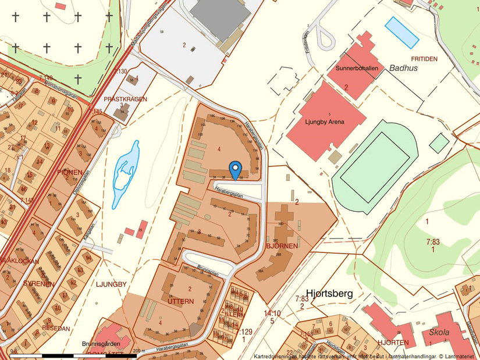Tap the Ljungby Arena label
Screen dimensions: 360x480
point(325,122)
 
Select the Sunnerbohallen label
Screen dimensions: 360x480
point(357,68)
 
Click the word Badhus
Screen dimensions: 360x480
point(404,67)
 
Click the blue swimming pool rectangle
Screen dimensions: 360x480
point(402,33)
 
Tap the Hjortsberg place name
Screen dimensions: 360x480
point(329,294)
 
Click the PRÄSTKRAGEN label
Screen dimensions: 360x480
point(125,99)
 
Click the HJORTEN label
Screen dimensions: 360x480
point(394,343)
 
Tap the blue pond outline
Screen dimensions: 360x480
point(126,172)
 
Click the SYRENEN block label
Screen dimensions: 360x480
point(38,284)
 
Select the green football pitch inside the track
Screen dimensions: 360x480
point(375,167)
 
